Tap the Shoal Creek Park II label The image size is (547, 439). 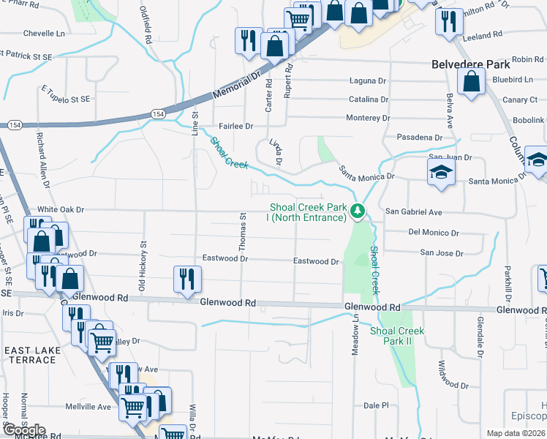click(396, 336)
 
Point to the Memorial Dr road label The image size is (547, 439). click(237, 86)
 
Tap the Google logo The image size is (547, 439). click(23, 431)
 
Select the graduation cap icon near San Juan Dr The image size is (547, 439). click(442, 173)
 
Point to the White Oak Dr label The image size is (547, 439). click(61, 209)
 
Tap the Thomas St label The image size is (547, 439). click(242, 233)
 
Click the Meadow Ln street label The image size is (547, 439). click(356, 336)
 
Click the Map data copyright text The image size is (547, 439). click(516, 433)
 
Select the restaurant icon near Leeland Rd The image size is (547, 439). click(447, 21)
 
